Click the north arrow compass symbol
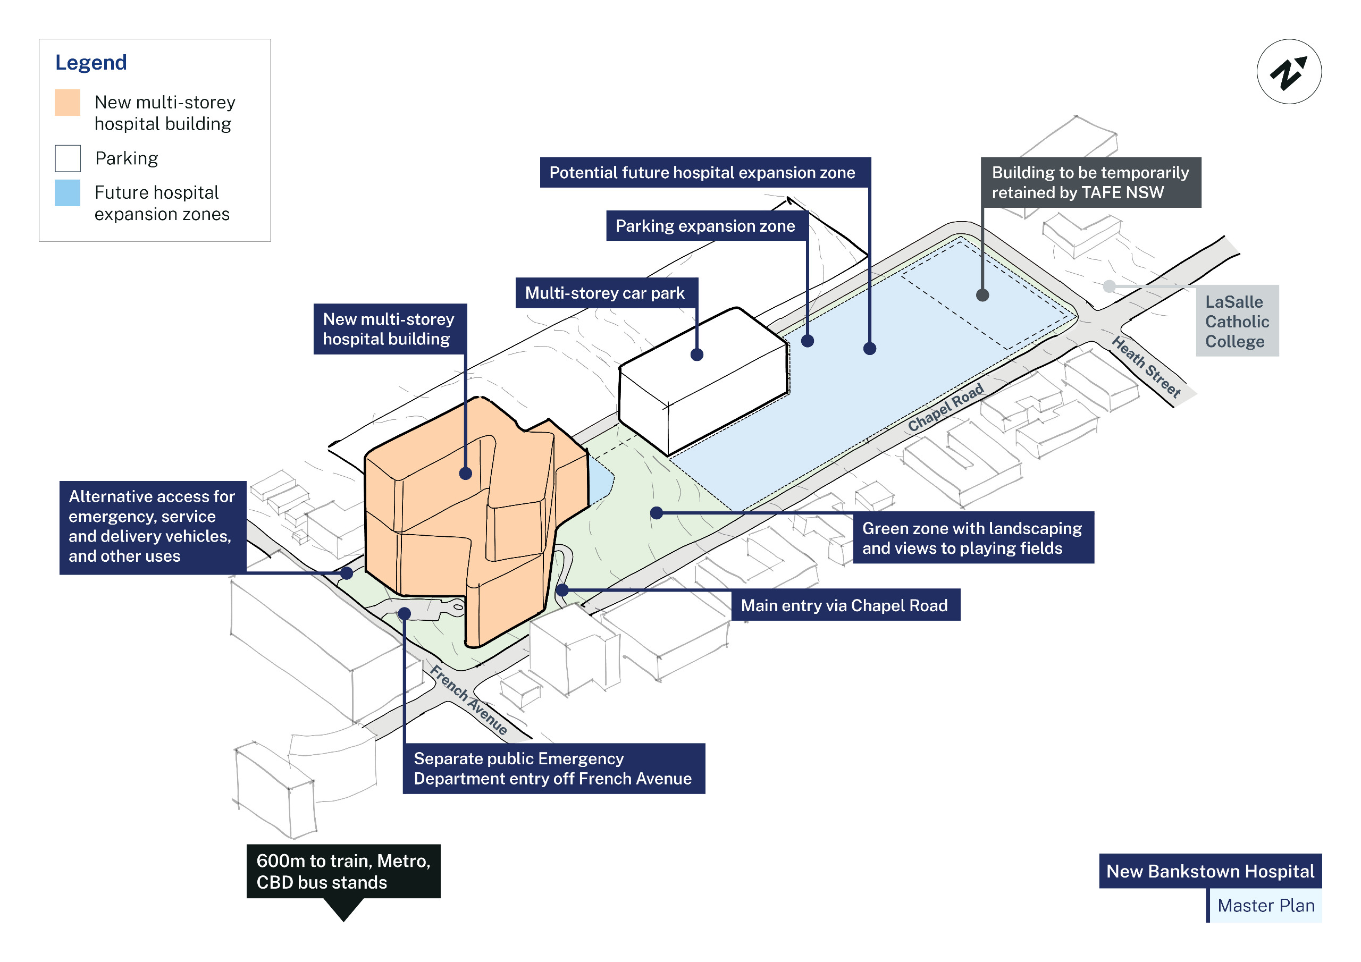point(1289,72)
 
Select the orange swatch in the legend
point(68,103)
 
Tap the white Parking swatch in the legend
point(68,158)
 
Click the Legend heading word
point(91,62)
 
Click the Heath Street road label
point(1146,366)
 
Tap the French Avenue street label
point(468,699)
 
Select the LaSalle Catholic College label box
point(1237,321)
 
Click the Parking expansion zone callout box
point(705,226)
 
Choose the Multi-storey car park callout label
point(604,293)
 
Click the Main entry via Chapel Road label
point(845,605)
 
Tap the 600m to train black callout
point(343,871)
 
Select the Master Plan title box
point(1265,905)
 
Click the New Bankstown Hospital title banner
point(1210,871)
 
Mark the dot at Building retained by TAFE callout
point(982,295)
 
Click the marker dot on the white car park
point(697,355)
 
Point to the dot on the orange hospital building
point(465,473)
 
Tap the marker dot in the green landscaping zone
point(656,513)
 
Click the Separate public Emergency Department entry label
point(553,768)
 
